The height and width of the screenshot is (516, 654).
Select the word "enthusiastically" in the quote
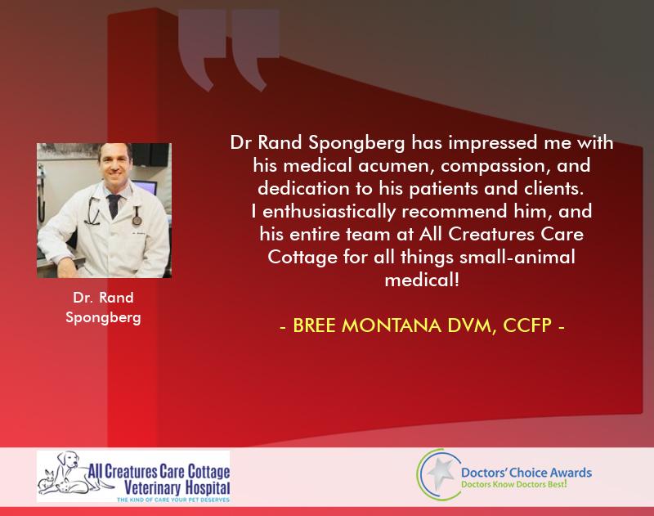tap(329, 212)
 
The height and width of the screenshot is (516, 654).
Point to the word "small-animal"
tap(517, 257)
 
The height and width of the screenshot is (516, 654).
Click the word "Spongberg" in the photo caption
tap(104, 318)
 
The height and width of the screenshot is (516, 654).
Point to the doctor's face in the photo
tap(114, 164)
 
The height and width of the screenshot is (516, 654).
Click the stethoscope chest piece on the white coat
tap(137, 219)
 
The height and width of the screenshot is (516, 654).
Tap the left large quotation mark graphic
tap(202, 49)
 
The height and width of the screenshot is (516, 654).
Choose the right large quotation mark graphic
tap(255, 49)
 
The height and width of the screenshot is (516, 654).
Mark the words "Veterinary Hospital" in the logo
tap(177, 487)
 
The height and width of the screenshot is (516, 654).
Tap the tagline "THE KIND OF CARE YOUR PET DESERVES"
tap(173, 500)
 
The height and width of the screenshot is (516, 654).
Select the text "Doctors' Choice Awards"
tap(526, 473)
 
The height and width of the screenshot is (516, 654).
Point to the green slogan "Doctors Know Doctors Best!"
tap(514, 484)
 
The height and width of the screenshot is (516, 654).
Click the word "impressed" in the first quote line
tap(493, 143)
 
